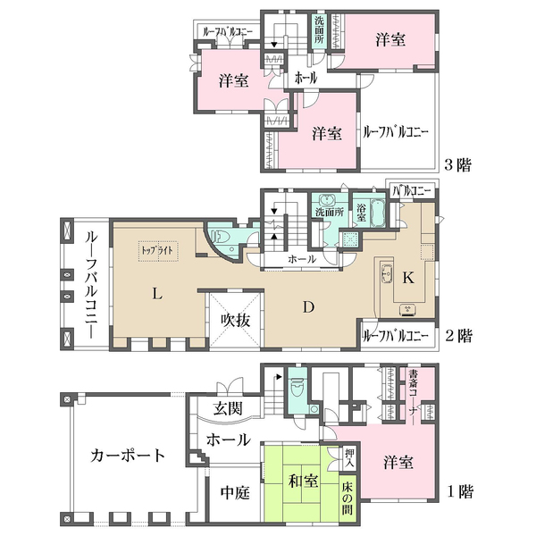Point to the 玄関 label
[x=227, y=409]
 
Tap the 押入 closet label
[x=349, y=460]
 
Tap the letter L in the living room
[x=156, y=293]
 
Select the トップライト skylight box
[x=157, y=250]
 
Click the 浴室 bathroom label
[x=361, y=213]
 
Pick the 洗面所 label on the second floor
[x=328, y=214]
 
